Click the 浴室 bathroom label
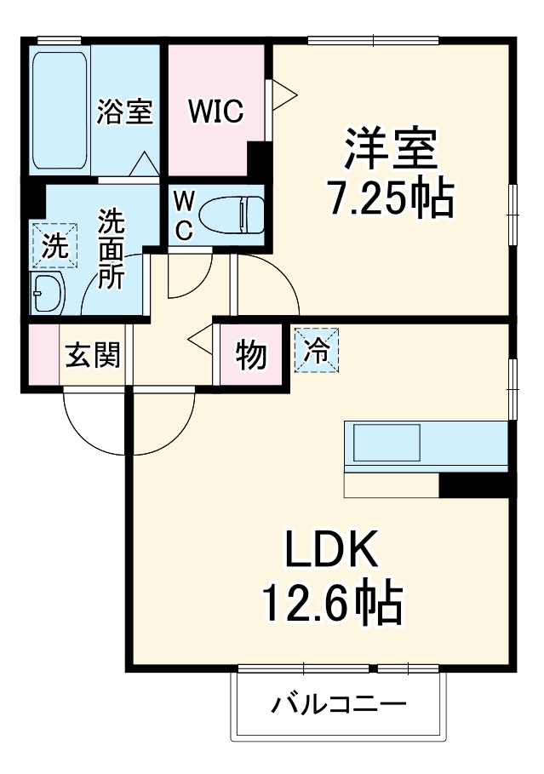[x=124, y=112]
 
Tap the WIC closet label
[x=215, y=112]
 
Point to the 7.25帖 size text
[x=391, y=199]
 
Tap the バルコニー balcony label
[x=339, y=706]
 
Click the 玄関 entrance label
[x=94, y=354]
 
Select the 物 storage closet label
[x=250, y=354]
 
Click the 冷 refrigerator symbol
[x=316, y=350]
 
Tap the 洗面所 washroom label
[x=112, y=250]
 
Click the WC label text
[x=183, y=214]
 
